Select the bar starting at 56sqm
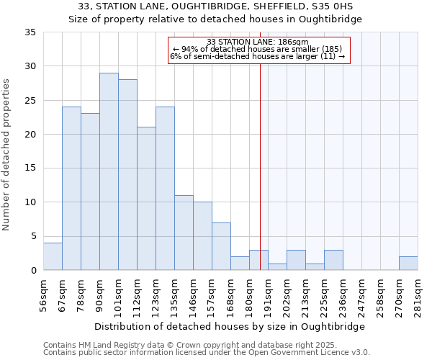click(53, 256)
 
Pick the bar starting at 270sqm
click(408, 264)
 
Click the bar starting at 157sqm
click(221, 246)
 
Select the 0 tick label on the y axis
click(34, 271)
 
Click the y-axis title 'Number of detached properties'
click(7, 154)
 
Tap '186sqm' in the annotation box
click(294, 42)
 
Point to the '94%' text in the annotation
click(189, 49)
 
